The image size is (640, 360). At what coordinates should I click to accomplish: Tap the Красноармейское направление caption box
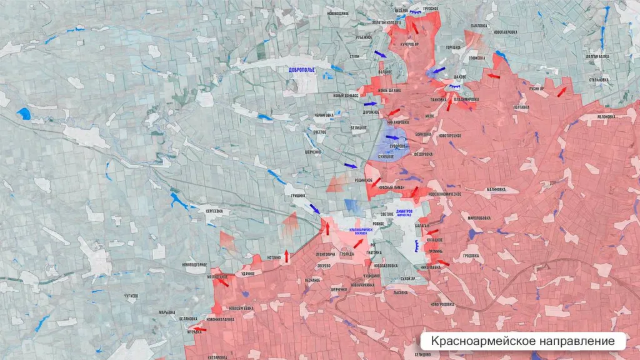pyautogui.click(x=522, y=341)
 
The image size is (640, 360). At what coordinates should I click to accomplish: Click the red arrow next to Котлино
pyautogui.click(x=287, y=255)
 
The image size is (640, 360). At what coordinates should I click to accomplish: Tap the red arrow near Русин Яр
pyautogui.click(x=562, y=92)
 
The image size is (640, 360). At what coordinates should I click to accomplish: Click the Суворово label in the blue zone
pyautogui.click(x=398, y=146)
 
